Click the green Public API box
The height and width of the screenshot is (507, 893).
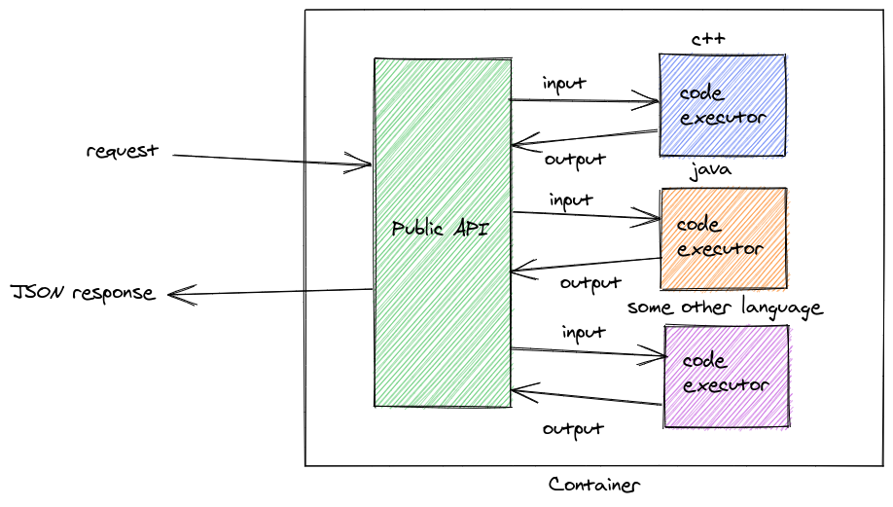[x=443, y=232]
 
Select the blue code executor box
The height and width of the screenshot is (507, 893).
[x=722, y=105]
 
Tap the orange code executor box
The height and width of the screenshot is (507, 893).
[x=723, y=237]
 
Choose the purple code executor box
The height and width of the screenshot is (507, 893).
[x=726, y=375]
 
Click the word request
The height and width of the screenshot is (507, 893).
[x=122, y=152]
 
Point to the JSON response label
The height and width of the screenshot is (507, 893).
[x=83, y=292]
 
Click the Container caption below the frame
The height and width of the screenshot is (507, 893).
[x=594, y=485]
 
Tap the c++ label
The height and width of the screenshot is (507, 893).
[x=708, y=39]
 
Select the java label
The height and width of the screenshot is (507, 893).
[x=710, y=171]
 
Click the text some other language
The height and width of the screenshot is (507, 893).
[x=725, y=308]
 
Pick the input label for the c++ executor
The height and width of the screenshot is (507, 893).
[x=564, y=84]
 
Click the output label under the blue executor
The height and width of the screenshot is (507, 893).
[x=575, y=159]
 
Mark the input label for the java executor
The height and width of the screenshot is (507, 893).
[x=571, y=200]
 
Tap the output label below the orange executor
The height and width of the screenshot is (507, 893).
[x=590, y=283]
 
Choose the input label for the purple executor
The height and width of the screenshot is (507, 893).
[x=584, y=333]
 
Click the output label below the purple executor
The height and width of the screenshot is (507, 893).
[x=573, y=428]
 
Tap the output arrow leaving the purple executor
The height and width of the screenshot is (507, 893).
[x=589, y=399]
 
